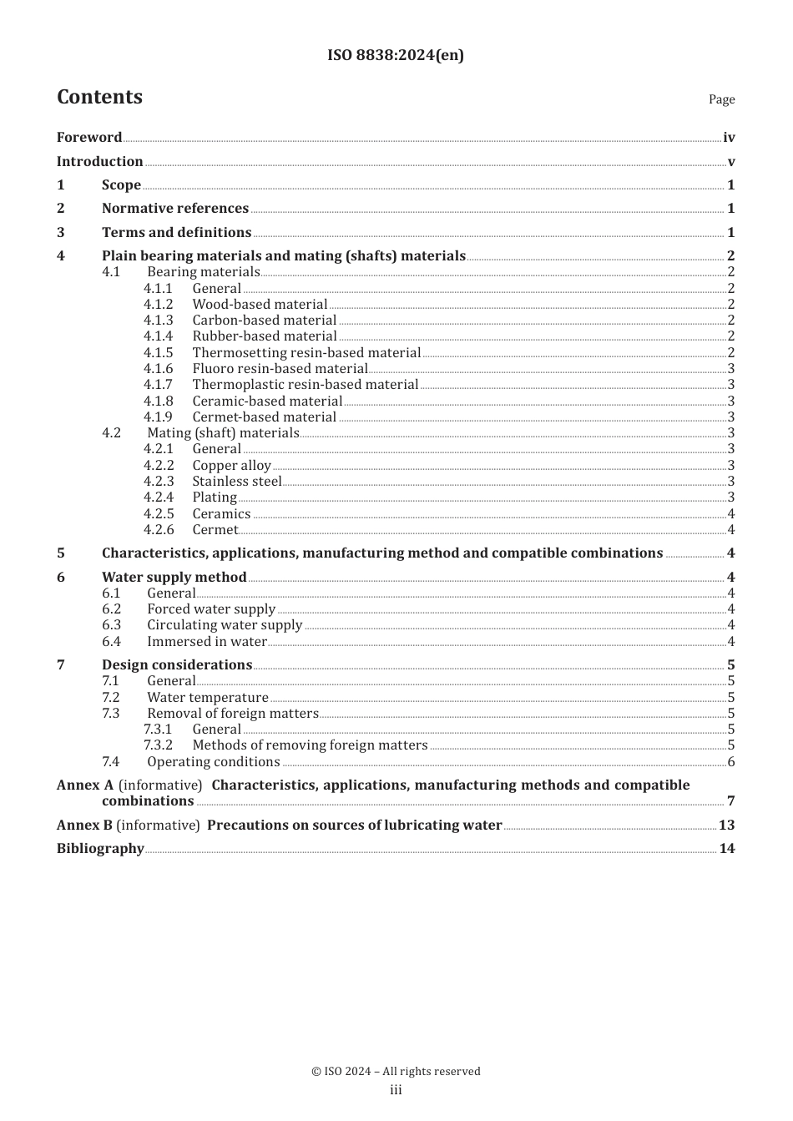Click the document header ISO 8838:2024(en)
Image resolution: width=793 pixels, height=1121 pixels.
click(x=396, y=55)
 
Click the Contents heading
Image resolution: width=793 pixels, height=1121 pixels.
click(x=99, y=98)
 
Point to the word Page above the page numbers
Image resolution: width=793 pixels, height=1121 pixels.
click(x=721, y=99)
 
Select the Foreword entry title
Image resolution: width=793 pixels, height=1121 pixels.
click(x=89, y=138)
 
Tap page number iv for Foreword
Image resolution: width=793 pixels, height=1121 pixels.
click(x=729, y=138)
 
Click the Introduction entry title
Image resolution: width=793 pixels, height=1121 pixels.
click(x=99, y=162)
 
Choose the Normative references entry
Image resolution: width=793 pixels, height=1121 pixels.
click(x=175, y=209)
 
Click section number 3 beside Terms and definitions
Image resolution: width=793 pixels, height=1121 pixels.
click(x=61, y=233)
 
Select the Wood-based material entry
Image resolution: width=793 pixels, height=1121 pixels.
click(x=260, y=305)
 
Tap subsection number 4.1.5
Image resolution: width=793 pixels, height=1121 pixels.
click(x=158, y=353)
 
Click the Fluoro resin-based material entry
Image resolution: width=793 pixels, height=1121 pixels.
click(x=280, y=369)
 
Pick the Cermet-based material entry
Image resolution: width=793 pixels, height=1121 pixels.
click(x=264, y=417)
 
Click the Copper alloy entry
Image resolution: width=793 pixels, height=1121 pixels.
click(x=231, y=466)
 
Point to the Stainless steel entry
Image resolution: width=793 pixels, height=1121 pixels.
click(x=237, y=482)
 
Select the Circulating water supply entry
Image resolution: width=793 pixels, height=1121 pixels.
click(x=225, y=625)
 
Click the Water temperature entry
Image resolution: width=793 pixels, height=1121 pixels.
click(x=208, y=698)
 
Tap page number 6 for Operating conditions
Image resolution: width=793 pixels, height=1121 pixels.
click(x=731, y=762)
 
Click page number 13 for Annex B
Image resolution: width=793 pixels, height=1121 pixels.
click(x=726, y=826)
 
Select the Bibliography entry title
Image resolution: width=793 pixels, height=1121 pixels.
click(x=100, y=849)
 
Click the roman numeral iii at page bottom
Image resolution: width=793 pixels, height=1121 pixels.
click(x=396, y=1090)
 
